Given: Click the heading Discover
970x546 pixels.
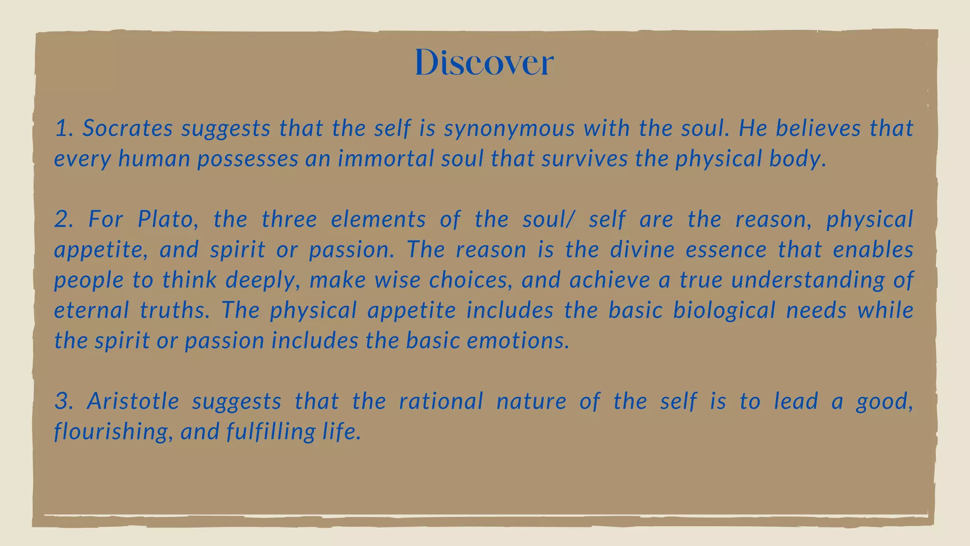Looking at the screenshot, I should click(x=484, y=62).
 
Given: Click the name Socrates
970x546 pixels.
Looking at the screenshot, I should click(x=127, y=128).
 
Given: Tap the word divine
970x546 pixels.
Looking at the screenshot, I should click(x=642, y=250).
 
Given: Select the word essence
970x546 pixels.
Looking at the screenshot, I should click(x=726, y=250).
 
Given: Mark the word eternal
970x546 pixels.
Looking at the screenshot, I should click(x=91, y=310).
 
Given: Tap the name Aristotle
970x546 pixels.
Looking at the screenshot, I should click(x=133, y=401).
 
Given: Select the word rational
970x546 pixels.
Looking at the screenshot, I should click(x=441, y=401).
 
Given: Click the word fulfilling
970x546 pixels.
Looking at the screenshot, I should click(x=270, y=432).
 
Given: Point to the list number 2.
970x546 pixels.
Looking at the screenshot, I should click(x=63, y=219).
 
